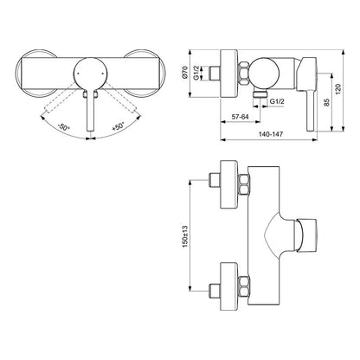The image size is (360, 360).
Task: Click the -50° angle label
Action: point(63,127)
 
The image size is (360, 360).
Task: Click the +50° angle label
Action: point(118,126)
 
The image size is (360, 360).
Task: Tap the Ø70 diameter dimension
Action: point(185,73)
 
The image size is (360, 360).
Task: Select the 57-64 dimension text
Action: point(241,117)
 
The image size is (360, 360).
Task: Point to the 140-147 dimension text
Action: point(271,134)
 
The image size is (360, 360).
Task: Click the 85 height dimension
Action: point(326,102)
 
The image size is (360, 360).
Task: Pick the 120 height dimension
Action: point(338,89)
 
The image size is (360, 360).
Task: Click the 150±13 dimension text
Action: point(185,236)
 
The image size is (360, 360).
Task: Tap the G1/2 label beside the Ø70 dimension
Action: point(196,73)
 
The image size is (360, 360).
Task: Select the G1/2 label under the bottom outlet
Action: point(277,101)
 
